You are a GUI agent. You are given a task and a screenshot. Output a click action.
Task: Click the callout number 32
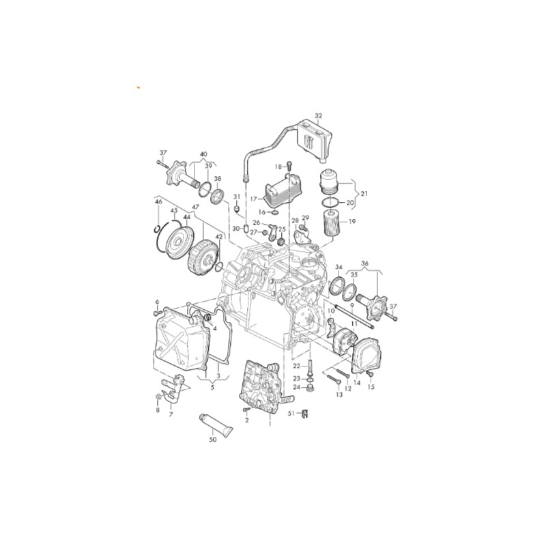319,115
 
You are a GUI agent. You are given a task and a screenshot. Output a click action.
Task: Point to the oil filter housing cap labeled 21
329,182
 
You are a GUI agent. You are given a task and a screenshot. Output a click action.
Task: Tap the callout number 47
195,207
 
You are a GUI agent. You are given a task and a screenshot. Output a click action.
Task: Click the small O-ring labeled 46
157,229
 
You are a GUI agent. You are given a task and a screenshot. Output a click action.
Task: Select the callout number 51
292,414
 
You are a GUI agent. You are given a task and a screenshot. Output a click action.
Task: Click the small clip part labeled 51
306,414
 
